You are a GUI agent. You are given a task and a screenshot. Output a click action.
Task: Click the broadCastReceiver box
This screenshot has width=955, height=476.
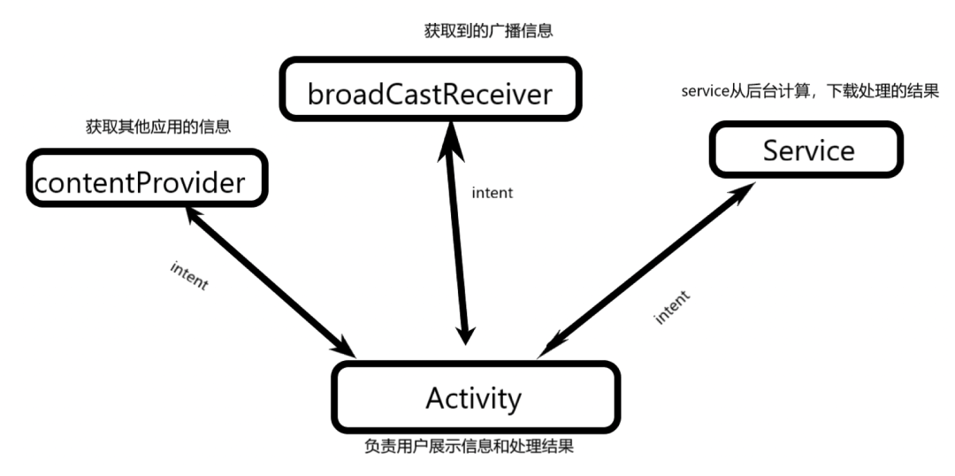[x=430, y=88]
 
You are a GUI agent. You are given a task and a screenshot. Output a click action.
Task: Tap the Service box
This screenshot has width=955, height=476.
[x=806, y=149]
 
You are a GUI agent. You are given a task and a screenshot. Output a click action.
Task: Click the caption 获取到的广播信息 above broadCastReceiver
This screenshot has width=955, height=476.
[x=489, y=30]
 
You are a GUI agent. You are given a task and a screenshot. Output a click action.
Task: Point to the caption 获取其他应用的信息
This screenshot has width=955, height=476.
[x=158, y=127]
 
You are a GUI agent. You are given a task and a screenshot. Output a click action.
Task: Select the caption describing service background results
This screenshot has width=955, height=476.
[x=809, y=92]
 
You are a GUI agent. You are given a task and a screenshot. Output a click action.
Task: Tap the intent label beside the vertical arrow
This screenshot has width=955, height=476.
[x=493, y=192]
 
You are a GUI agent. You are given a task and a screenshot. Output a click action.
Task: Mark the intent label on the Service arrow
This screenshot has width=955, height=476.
[x=672, y=306]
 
